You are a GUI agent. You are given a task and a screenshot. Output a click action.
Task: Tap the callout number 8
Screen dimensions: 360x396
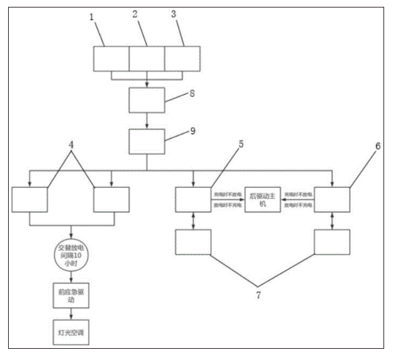click(x=193, y=94)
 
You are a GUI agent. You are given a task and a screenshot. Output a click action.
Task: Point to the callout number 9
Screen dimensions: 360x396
click(x=193, y=132)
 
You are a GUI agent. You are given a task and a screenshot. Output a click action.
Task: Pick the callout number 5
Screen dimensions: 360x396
click(x=242, y=144)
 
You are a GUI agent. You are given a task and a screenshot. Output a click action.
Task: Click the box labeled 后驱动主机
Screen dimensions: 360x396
click(x=262, y=200)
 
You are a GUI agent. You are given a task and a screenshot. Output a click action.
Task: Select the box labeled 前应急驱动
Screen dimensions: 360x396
click(x=71, y=294)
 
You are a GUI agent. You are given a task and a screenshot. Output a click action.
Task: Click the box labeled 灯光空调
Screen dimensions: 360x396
click(x=71, y=333)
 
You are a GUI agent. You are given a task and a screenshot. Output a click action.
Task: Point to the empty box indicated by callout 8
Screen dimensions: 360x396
click(x=147, y=99)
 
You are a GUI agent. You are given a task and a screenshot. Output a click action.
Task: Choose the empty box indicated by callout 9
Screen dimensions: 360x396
click(x=147, y=142)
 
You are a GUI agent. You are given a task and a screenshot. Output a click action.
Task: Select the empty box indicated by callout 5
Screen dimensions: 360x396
click(x=193, y=200)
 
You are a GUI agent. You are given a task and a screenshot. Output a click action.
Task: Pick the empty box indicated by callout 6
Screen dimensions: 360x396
click(x=332, y=200)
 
